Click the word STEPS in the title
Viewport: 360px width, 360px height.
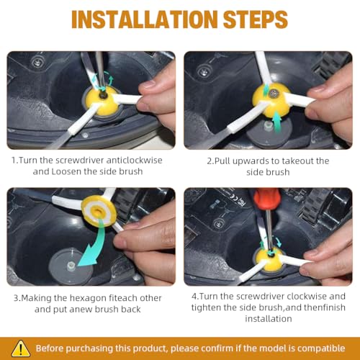(x=256, y=19)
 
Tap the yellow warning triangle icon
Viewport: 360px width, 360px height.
(x=21, y=348)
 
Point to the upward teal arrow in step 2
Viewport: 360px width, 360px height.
(x=277, y=121)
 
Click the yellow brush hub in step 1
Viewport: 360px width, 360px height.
(x=103, y=102)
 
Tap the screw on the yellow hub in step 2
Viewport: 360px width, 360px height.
(x=273, y=94)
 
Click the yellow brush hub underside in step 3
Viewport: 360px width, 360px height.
(x=99, y=211)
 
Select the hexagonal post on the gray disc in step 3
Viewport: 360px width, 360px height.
(x=71, y=265)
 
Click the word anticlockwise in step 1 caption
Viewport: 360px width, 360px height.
(x=134, y=160)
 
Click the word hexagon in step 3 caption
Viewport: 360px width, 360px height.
(x=88, y=298)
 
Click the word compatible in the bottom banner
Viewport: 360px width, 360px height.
(x=321, y=348)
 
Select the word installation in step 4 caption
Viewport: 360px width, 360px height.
(x=269, y=319)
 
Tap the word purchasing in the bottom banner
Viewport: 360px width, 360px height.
(x=89, y=348)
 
